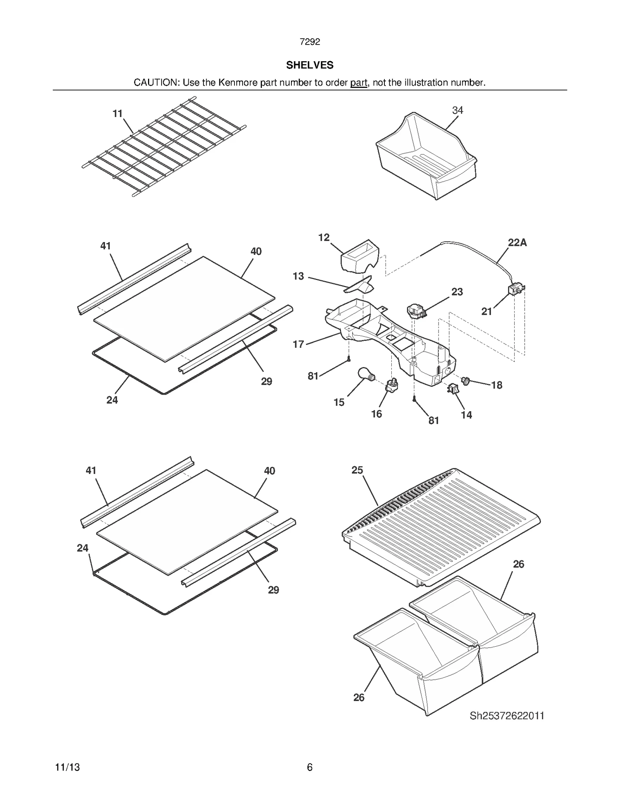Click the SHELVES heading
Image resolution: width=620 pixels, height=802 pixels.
tap(310, 65)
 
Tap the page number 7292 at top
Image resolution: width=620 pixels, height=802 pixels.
tap(310, 42)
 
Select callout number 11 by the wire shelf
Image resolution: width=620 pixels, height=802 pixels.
tap(117, 113)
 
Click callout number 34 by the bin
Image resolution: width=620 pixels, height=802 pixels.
tap(457, 110)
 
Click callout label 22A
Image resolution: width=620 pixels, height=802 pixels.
tap(517, 243)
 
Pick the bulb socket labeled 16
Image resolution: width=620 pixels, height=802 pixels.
tap(392, 385)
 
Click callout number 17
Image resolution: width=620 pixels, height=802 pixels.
tap(298, 344)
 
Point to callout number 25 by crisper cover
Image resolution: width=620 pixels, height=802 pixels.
tap(357, 470)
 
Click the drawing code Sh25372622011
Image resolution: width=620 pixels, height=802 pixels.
tap(506, 716)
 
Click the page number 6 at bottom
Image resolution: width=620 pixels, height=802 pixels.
tap(309, 767)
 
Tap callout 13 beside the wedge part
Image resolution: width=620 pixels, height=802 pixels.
tap(298, 276)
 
